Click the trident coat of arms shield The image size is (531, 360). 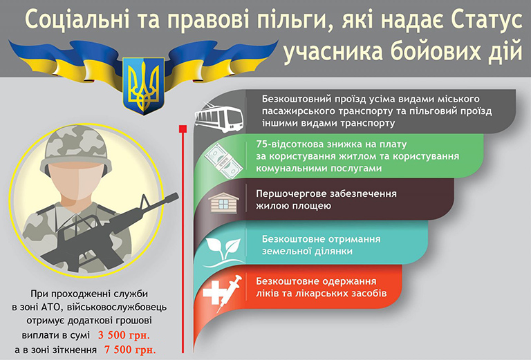click(144, 85)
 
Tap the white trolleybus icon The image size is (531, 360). click(219, 117)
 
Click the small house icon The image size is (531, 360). click(223, 202)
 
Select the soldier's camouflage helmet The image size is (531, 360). click(76, 149)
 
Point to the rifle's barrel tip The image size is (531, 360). click(178, 196)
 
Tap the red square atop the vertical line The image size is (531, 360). click(183, 129)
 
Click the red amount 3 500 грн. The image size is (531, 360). click(124, 335)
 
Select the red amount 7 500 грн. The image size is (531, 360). click(131, 350)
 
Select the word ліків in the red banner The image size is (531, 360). click(267, 293)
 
